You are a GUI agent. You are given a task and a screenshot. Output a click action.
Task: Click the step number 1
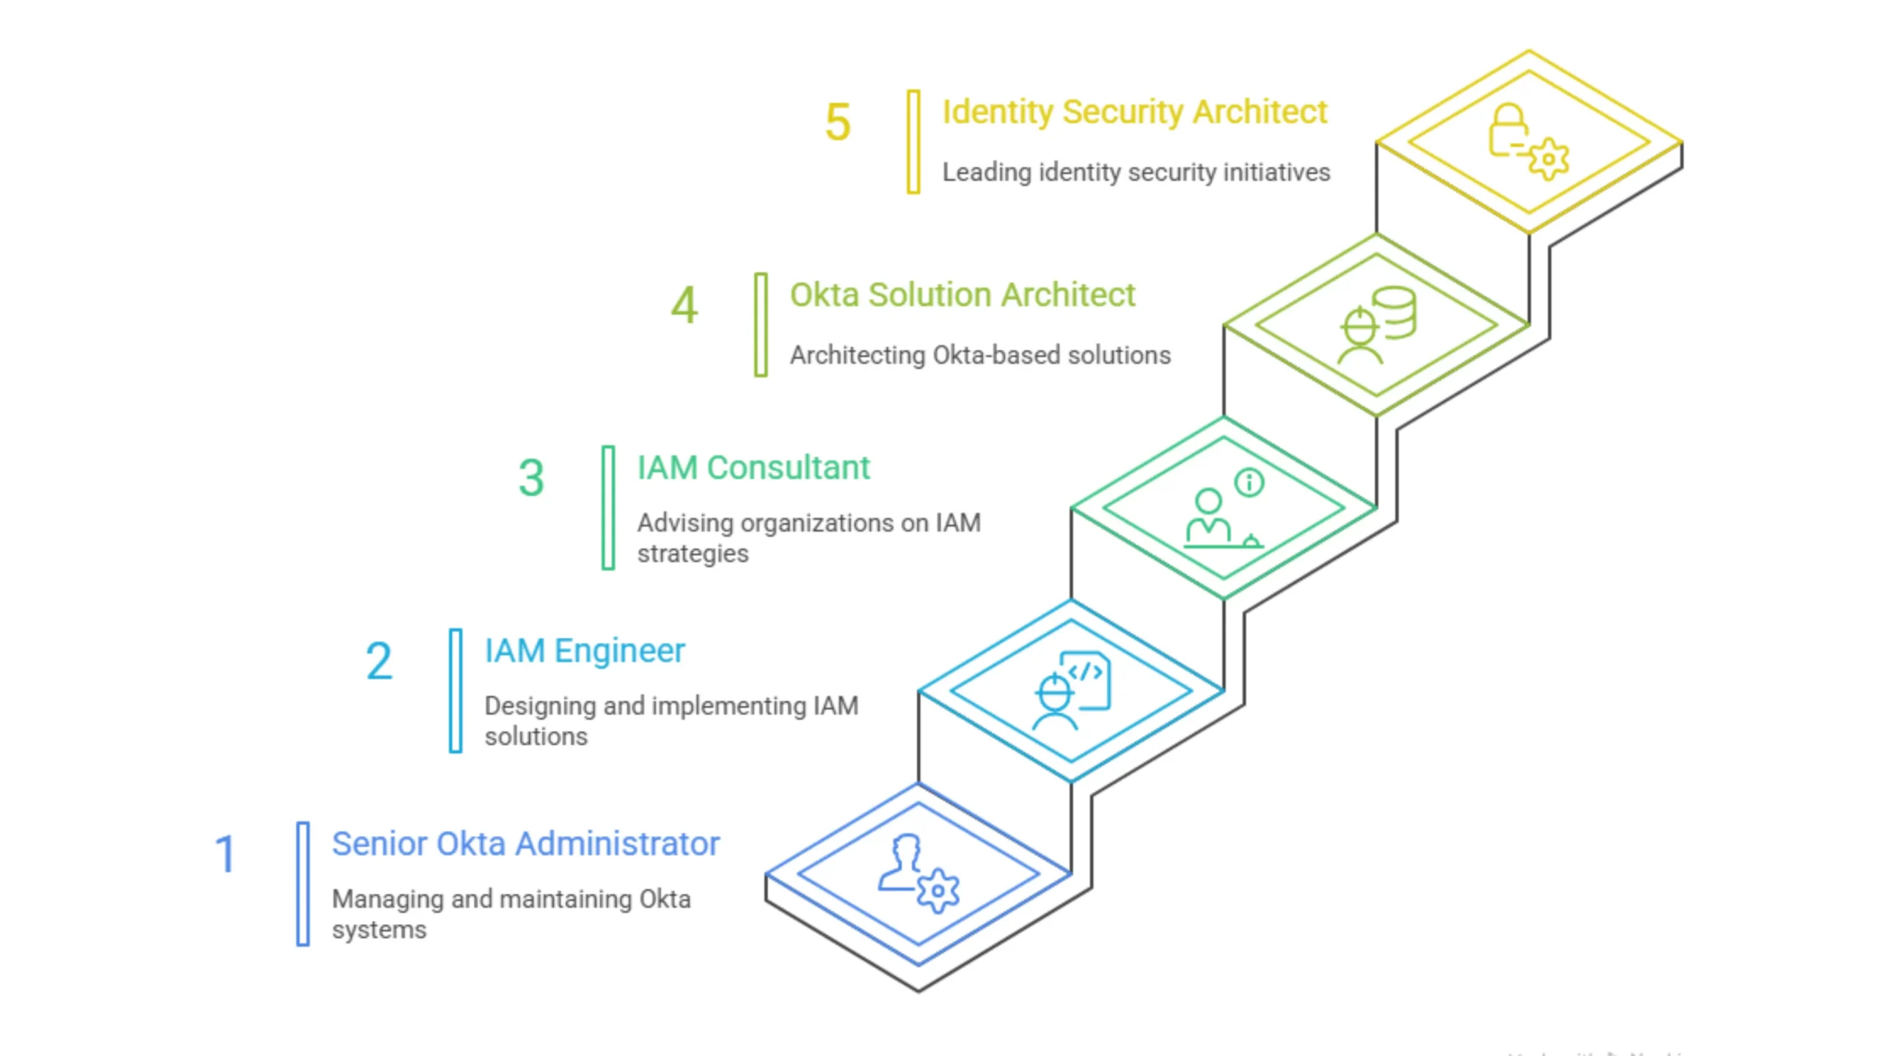pyautogui.click(x=225, y=854)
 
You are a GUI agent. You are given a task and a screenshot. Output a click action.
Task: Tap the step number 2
pyautogui.click(x=379, y=661)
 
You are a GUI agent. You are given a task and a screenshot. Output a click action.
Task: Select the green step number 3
pyautogui.click(x=531, y=478)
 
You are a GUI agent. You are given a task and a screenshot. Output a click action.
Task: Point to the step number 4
pyautogui.click(x=684, y=305)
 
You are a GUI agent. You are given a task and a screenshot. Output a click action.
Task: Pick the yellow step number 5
pyautogui.click(x=838, y=122)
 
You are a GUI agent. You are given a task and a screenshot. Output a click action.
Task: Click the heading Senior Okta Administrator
pyautogui.click(x=525, y=843)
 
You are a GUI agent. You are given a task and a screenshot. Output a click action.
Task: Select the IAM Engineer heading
pyautogui.click(x=585, y=650)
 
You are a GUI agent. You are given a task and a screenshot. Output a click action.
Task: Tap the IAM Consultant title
pyautogui.click(x=753, y=468)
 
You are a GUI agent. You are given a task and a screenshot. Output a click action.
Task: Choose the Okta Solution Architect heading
pyautogui.click(x=962, y=295)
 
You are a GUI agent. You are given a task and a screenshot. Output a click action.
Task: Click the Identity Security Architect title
pyautogui.click(x=1135, y=112)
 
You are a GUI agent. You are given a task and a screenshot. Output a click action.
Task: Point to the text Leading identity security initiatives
pyautogui.click(x=1136, y=172)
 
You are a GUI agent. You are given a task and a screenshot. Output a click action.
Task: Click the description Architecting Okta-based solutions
pyautogui.click(x=980, y=356)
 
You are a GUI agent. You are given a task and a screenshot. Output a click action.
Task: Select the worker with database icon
pyautogui.click(x=1376, y=325)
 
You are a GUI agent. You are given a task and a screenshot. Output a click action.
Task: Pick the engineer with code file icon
pyautogui.click(x=1071, y=691)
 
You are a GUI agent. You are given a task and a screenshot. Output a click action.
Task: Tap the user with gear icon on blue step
pyautogui.click(x=918, y=873)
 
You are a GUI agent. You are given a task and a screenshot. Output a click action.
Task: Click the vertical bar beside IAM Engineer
pyautogui.click(x=456, y=690)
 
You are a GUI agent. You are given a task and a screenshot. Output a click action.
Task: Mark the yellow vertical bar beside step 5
pyautogui.click(x=913, y=142)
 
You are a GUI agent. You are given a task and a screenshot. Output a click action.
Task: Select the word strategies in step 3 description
pyautogui.click(x=693, y=554)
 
